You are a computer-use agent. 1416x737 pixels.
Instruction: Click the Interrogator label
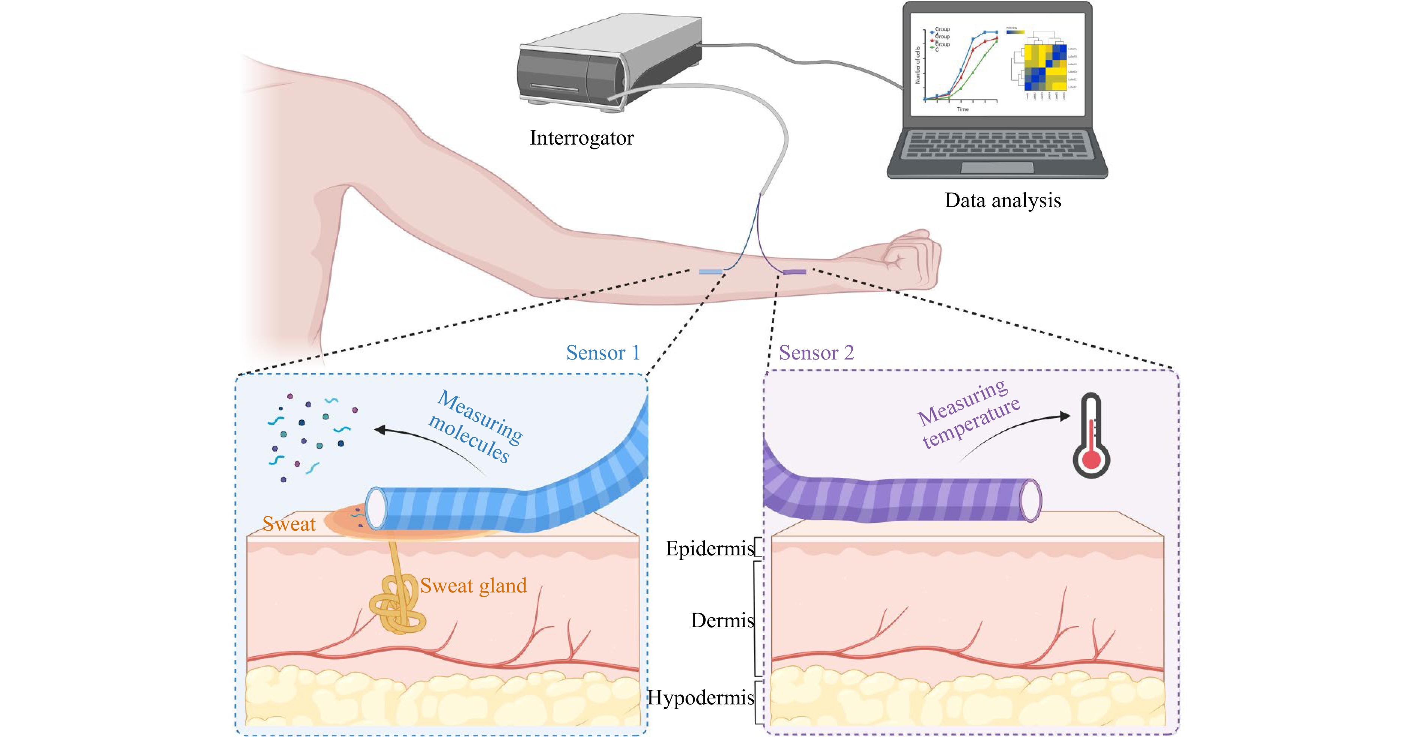[x=581, y=138]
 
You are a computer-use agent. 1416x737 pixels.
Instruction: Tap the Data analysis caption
[x=1003, y=201]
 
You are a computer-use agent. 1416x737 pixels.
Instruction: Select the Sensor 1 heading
[x=603, y=353]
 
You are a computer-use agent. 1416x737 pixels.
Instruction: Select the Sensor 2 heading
[x=816, y=353]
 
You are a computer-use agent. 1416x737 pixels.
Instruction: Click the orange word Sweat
[x=288, y=524]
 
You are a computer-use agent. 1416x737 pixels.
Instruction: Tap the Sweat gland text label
[x=473, y=586]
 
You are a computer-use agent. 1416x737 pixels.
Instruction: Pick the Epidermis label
[x=709, y=549]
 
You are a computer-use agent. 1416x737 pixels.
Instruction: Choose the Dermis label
[x=722, y=621]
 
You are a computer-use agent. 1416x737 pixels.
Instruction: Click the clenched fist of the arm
[x=910, y=258]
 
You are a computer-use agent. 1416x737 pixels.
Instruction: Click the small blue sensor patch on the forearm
[x=710, y=272]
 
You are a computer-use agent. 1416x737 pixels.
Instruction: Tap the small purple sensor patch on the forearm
[x=794, y=272]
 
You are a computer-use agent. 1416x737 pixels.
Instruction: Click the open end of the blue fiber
[x=376, y=508]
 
